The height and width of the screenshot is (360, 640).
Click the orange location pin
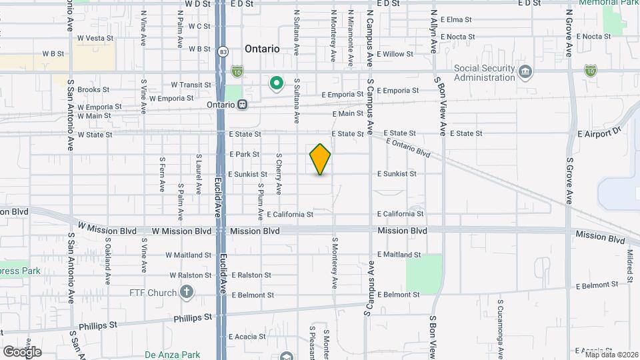[x=321, y=159]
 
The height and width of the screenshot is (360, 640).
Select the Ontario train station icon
[x=243, y=104]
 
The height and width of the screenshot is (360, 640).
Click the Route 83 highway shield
[x=221, y=51]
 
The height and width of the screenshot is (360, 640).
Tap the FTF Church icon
[x=187, y=292]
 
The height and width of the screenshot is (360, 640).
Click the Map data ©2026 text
[x=611, y=354]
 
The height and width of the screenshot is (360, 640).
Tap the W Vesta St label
[x=95, y=39]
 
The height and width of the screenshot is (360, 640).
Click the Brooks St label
[x=93, y=89]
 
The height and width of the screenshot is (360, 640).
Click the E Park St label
[x=243, y=154]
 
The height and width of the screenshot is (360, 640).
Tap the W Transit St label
[x=191, y=85]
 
